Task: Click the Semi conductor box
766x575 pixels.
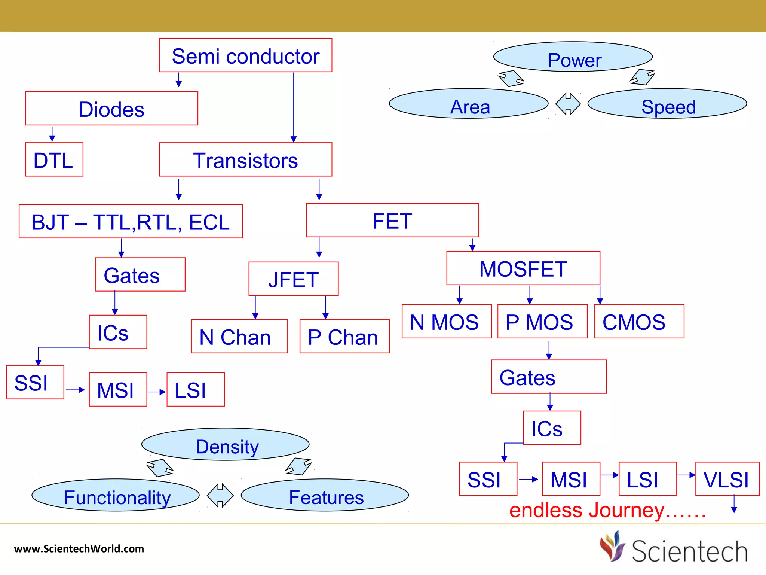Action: coord(245,55)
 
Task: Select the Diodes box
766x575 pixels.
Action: coord(111,109)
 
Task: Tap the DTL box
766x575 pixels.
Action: coord(54,159)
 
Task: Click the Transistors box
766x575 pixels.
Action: coord(245,159)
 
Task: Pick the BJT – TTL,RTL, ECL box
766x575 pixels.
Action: coord(131,221)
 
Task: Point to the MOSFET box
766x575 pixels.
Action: coord(523,268)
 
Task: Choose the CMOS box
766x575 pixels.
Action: coord(639,322)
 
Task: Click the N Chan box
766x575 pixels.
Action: coord(239,336)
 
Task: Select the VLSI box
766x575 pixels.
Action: coord(727,479)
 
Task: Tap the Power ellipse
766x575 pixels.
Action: coord(573,57)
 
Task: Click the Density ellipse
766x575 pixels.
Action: coord(225,444)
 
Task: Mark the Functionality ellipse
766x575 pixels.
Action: coord(116,495)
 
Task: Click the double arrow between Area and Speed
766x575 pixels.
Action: coord(568,104)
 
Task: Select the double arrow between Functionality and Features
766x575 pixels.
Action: coord(220,495)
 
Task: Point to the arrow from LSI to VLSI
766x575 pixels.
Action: coord(686,475)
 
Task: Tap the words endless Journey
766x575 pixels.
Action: coord(607,510)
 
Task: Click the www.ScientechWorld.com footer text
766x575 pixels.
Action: coord(79,549)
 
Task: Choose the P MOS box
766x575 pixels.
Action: coord(542,322)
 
